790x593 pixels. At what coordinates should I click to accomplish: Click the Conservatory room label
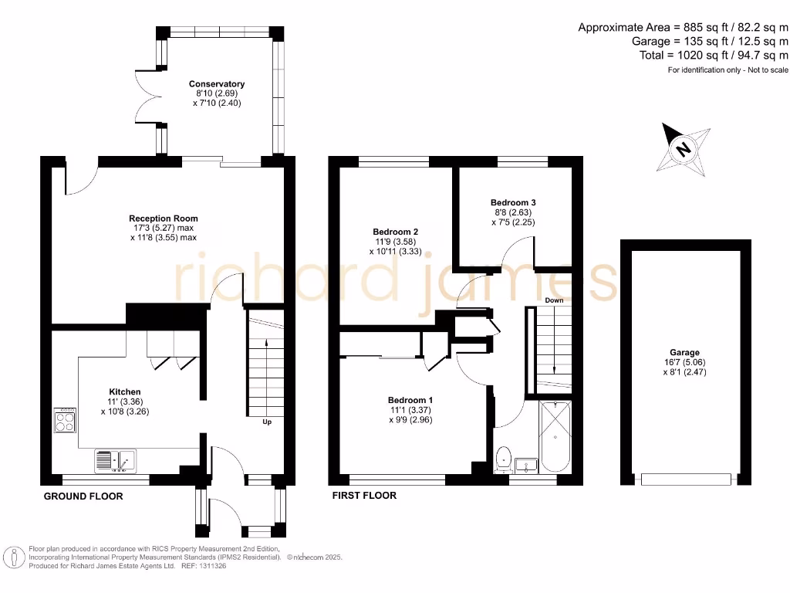click(217, 84)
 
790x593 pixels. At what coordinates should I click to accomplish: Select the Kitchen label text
click(124, 391)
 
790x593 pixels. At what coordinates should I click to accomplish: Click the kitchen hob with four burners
click(65, 422)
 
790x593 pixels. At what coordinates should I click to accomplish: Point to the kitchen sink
click(114, 461)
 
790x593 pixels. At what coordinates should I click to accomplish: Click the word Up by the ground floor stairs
click(267, 422)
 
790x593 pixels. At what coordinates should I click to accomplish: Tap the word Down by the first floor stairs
click(554, 300)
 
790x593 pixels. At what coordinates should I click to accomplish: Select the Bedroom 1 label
click(410, 400)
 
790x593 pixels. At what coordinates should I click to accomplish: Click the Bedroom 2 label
click(395, 232)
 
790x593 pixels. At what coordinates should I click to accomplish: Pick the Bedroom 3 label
click(513, 202)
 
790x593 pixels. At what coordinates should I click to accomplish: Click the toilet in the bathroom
click(504, 458)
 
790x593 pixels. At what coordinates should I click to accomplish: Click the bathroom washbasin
click(529, 465)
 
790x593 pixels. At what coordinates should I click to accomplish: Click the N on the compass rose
click(682, 149)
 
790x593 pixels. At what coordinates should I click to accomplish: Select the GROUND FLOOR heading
click(83, 496)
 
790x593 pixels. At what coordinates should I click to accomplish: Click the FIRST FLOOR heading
click(364, 496)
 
